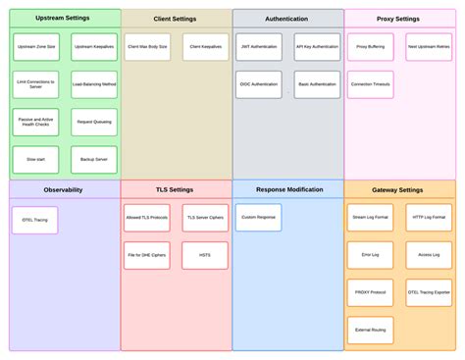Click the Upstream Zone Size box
[x=36, y=47]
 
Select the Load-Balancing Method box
[x=94, y=85]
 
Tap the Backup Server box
[x=94, y=159]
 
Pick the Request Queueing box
[x=94, y=122]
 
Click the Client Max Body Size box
[x=147, y=47]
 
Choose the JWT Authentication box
[x=259, y=47]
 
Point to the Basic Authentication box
[x=317, y=85]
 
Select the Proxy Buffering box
[x=370, y=47]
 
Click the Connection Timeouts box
[x=370, y=85]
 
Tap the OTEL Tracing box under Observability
[x=34, y=220]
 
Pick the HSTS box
[x=205, y=255]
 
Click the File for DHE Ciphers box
[x=147, y=255]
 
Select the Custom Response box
[x=259, y=217]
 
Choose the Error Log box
[x=370, y=255]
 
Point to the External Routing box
[x=370, y=330]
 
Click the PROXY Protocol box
[x=370, y=292]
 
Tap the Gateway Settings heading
[x=398, y=189]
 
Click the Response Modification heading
[x=289, y=189]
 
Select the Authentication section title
[x=286, y=19]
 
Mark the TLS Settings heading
[x=175, y=189]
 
